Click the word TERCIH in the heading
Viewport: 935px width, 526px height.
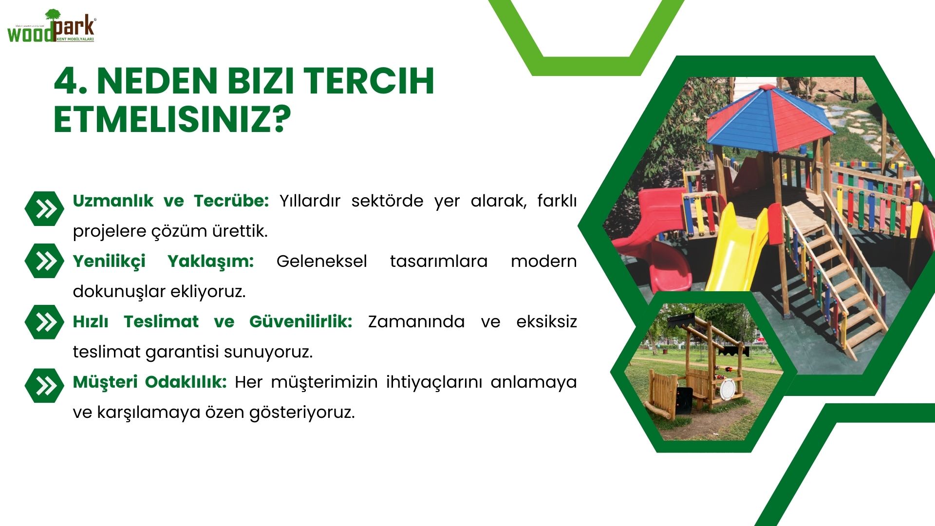369,81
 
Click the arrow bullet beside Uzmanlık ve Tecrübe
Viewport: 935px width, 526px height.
44,208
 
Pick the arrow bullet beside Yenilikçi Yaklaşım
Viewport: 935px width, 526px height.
44,261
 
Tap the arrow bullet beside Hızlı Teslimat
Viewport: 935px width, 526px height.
44,322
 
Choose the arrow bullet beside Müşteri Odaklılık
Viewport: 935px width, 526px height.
44,385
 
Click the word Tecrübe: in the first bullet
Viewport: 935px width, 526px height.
231,201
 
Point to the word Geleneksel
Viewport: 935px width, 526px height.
321,261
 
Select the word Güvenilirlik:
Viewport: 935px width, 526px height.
300,321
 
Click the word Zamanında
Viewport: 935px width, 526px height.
416,321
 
